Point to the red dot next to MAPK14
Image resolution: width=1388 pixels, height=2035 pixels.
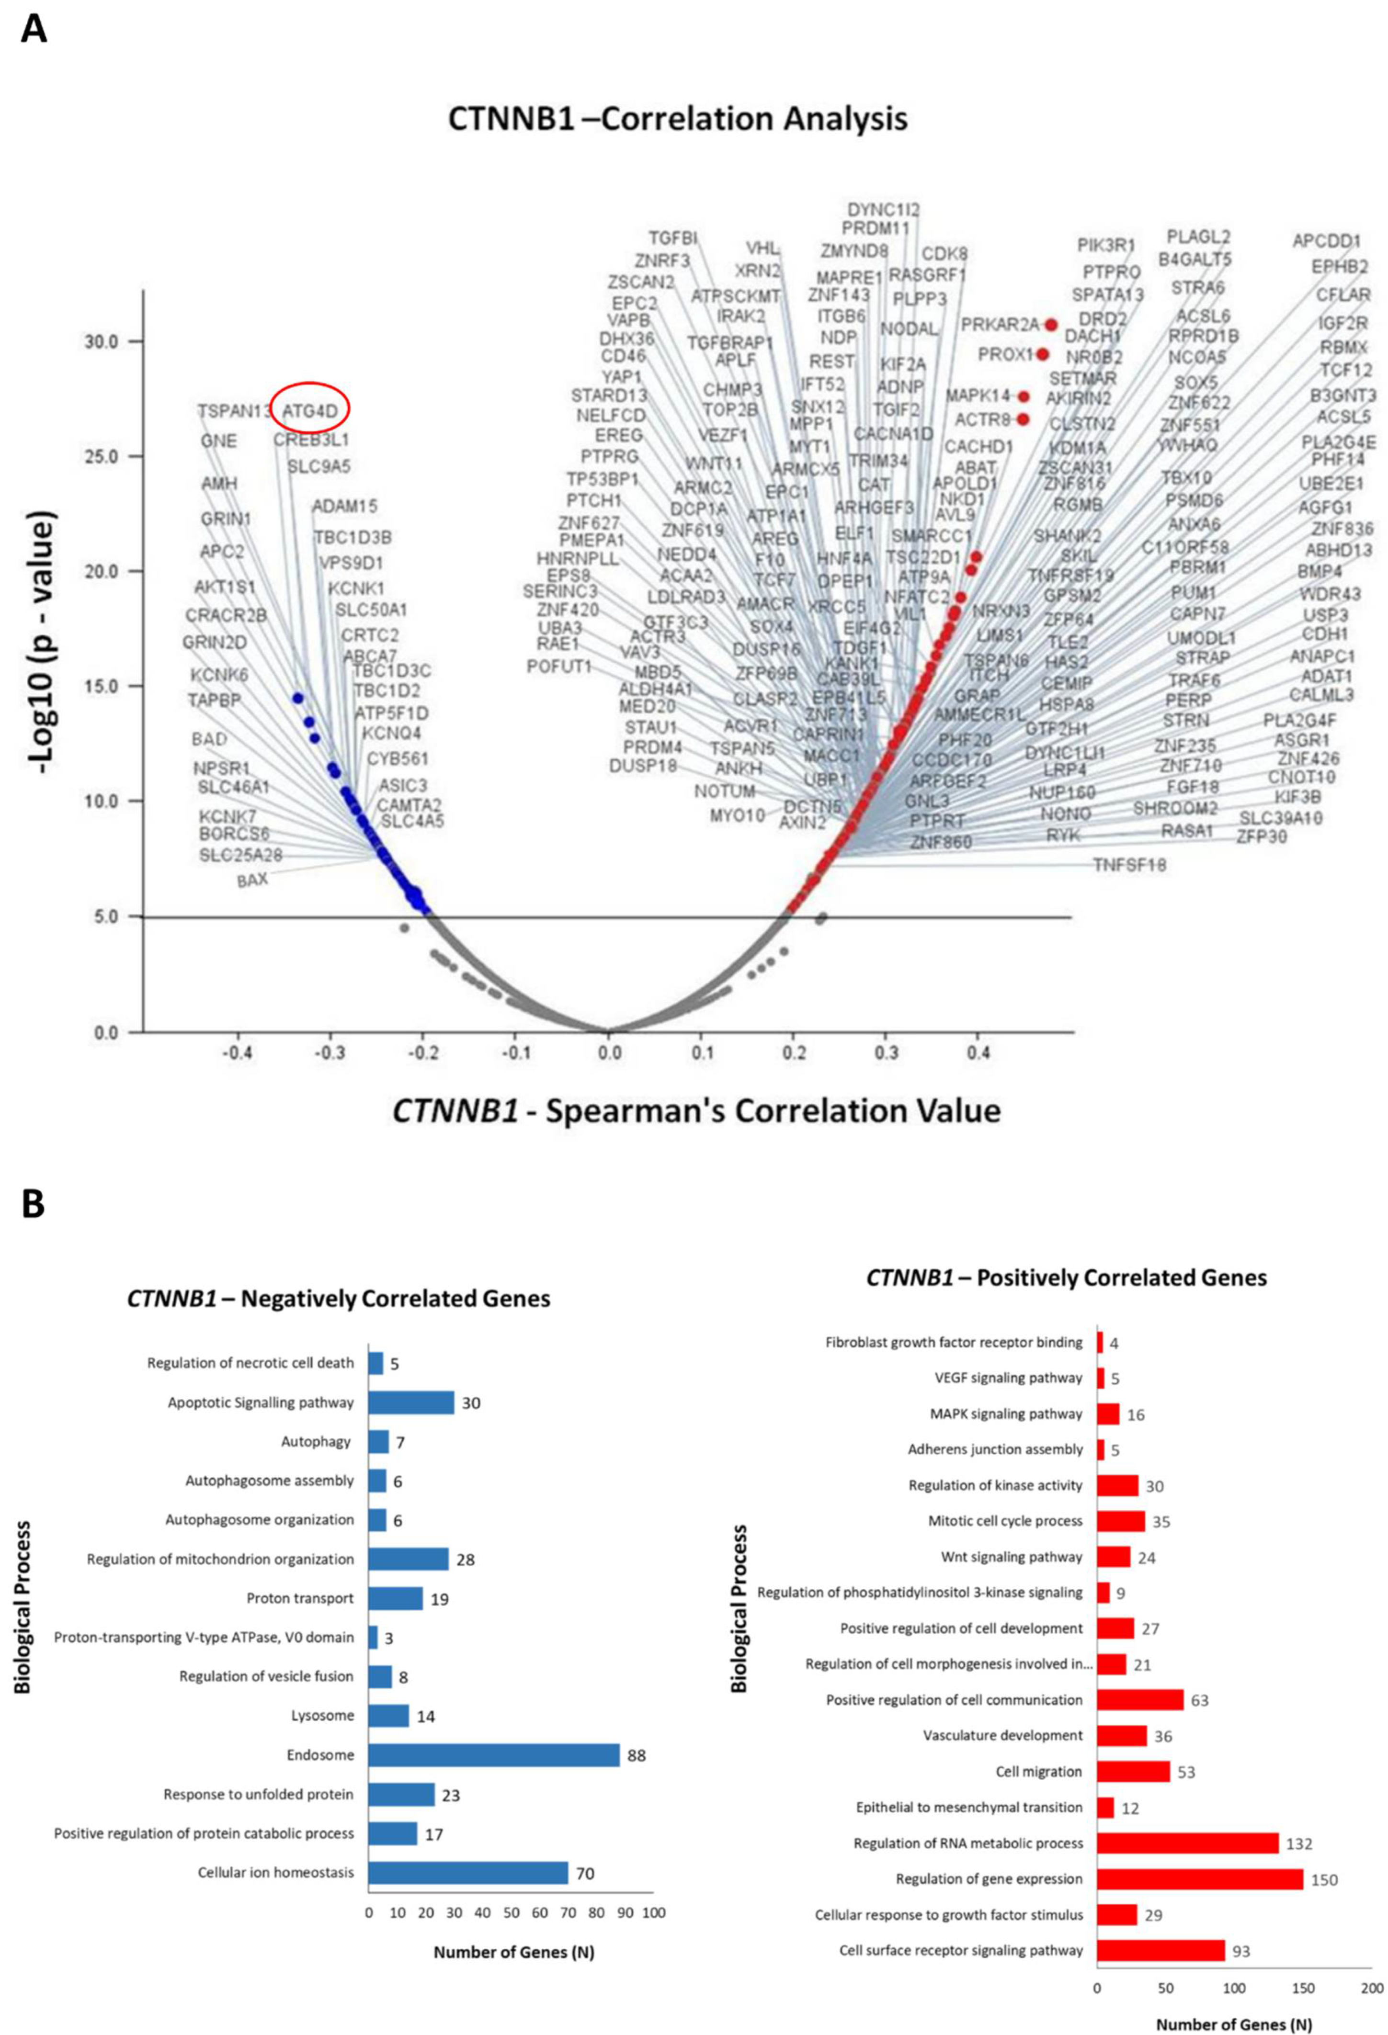pos(1024,396)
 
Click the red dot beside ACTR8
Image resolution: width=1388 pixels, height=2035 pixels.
pos(1023,419)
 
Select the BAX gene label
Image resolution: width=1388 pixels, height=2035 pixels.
pos(252,879)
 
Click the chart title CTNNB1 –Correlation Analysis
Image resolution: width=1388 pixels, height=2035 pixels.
pos(677,118)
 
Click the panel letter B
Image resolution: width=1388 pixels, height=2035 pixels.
pos(33,1204)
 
